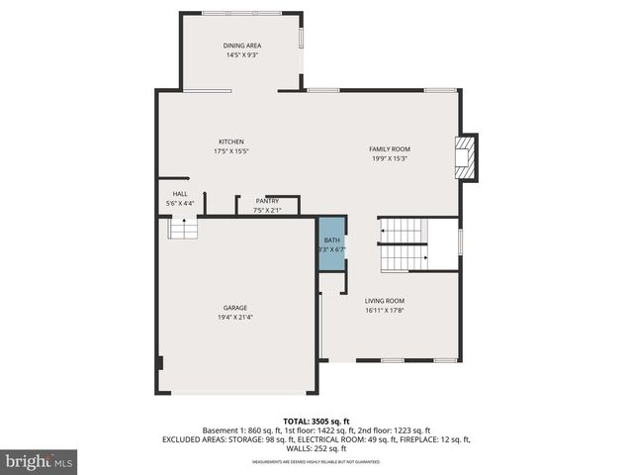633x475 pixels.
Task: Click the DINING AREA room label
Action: [240, 46]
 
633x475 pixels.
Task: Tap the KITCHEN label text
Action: [231, 142]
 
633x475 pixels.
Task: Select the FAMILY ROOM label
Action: [390, 148]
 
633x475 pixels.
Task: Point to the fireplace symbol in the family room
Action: [463, 158]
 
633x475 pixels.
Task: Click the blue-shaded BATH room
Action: [332, 243]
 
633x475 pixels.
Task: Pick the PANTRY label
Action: [267, 201]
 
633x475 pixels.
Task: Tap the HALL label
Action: [180, 194]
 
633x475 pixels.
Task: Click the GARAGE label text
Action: [234, 308]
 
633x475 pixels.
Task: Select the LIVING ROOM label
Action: [385, 301]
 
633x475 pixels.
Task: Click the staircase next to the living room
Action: [404, 244]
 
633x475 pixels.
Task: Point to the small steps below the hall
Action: [183, 229]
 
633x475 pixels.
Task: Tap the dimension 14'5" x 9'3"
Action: [240, 55]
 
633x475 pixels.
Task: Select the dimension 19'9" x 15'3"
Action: [390, 158]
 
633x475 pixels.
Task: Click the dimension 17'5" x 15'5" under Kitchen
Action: [231, 151]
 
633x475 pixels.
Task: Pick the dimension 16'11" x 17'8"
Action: [385, 311]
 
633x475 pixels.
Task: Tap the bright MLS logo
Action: [40, 461]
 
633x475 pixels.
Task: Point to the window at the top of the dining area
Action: [240, 13]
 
